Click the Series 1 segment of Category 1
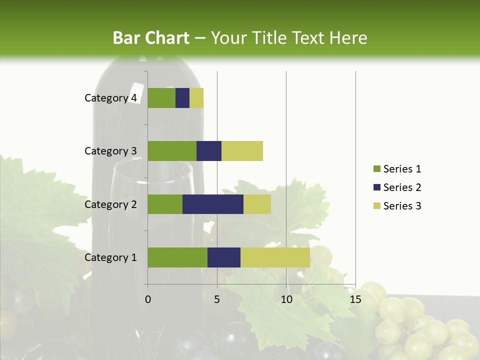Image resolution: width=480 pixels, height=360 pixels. click(177, 257)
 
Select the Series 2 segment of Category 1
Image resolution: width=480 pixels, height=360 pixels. click(224, 257)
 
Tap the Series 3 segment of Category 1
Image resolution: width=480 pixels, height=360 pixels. click(275, 257)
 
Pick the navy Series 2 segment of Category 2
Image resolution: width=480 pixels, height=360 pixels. click(213, 204)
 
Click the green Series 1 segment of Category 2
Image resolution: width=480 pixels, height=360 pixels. click(165, 204)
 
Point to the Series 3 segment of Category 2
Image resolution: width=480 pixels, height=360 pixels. click(257, 204)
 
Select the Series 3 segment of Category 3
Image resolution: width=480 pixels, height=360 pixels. click(242, 151)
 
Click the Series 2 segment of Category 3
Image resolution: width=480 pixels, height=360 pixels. click(209, 151)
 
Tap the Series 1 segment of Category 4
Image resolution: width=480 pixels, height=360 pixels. click(161, 98)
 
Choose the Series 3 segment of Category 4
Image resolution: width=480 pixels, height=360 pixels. click(196, 98)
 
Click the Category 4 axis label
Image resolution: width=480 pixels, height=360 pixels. click(110, 98)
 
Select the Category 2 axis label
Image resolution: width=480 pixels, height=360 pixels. click(110, 204)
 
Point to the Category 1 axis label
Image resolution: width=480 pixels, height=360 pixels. click(110, 257)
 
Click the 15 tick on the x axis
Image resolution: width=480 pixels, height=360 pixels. click(355, 299)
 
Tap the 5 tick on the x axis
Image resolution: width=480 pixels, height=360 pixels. click(217, 299)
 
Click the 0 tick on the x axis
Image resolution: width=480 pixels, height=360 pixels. click(148, 299)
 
